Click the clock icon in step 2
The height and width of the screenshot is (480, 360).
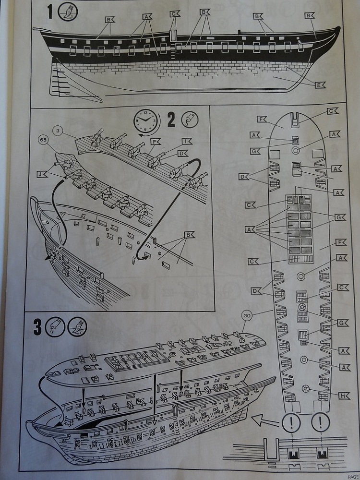[146, 119]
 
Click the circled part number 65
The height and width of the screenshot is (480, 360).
[43, 141]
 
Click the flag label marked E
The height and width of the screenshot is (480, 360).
[320, 85]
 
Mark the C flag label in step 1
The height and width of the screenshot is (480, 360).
[175, 14]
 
